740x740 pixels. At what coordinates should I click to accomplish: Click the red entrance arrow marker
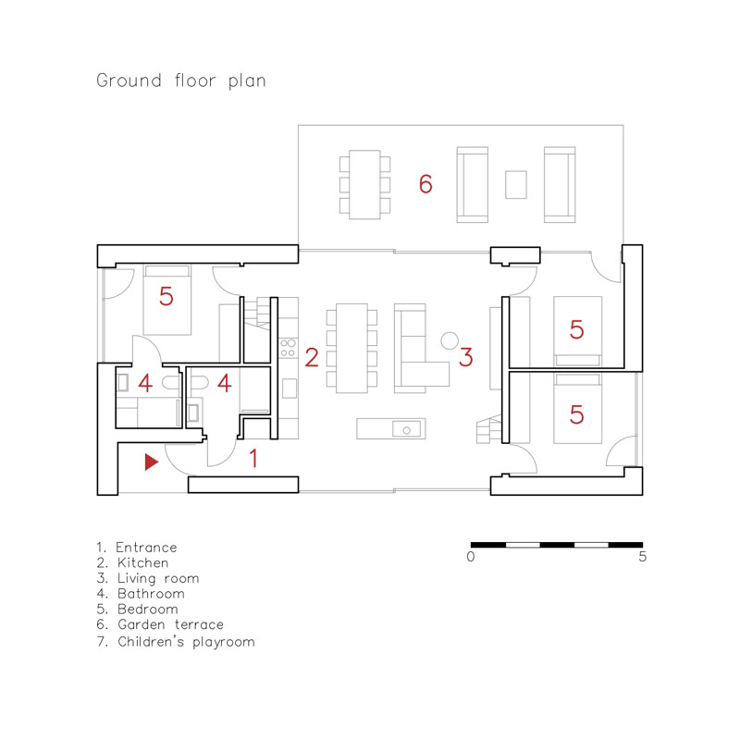[151, 462]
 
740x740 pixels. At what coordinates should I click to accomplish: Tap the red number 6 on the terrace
[425, 184]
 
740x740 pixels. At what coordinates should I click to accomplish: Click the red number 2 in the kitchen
[312, 357]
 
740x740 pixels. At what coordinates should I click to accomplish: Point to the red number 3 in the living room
[466, 356]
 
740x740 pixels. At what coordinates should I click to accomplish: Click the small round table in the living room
[450, 339]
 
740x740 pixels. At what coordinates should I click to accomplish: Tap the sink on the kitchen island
[406, 428]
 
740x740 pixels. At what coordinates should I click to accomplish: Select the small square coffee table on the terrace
[515, 184]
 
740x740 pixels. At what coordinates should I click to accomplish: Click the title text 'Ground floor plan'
[181, 81]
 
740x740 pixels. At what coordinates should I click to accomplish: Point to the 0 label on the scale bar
[471, 558]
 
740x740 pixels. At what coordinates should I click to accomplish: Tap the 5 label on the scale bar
[642, 558]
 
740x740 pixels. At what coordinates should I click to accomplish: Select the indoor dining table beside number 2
[352, 347]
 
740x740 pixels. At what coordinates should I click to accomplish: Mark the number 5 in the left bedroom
[166, 297]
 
